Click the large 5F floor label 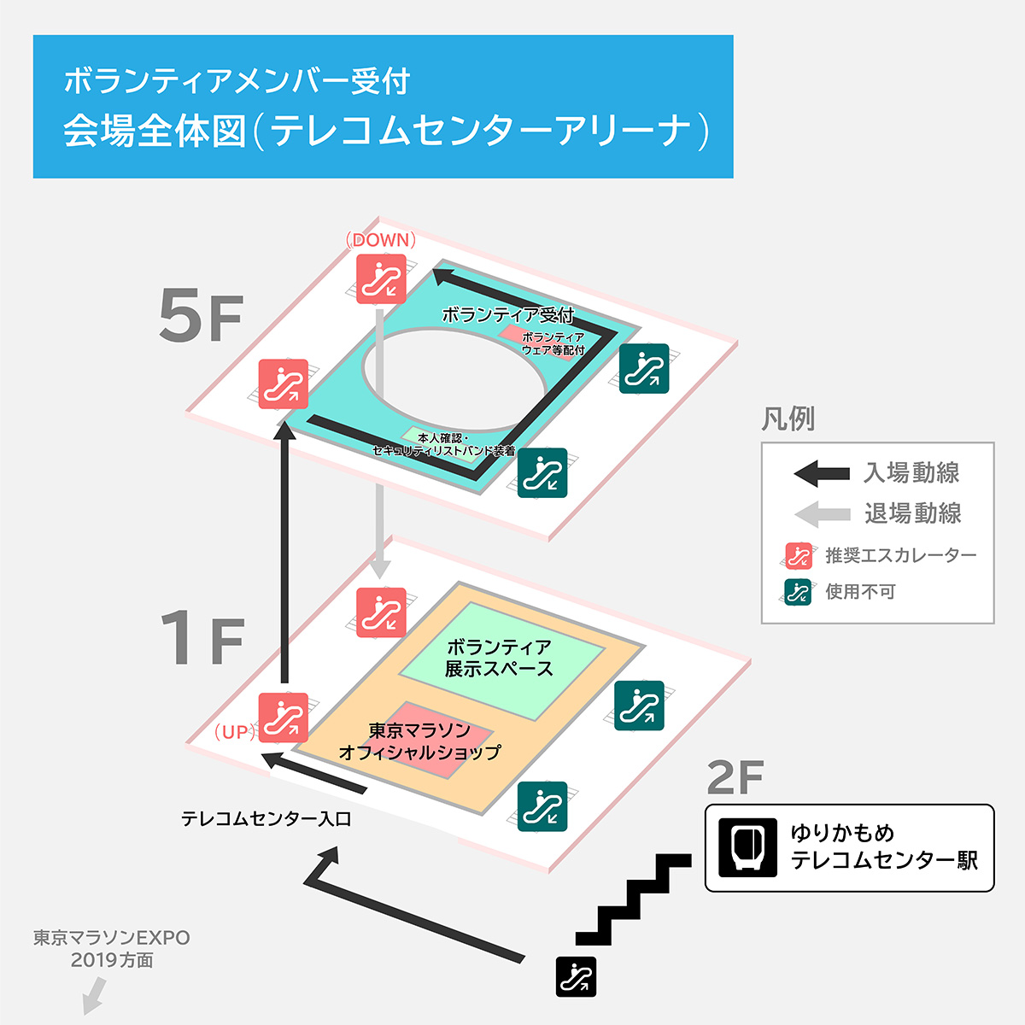coord(202,315)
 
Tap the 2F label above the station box coord(735,777)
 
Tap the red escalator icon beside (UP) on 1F coord(283,717)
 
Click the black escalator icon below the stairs coord(577,976)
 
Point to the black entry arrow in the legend coord(822,472)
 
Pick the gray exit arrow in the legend coord(822,514)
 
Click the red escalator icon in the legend coord(799,556)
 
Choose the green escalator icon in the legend coord(799,592)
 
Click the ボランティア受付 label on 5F coord(507,314)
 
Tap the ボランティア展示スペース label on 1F coord(499,658)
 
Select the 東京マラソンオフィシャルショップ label coord(419,741)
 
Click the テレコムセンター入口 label coord(266,819)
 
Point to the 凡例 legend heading coord(788,419)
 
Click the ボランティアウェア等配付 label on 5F coord(553,343)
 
